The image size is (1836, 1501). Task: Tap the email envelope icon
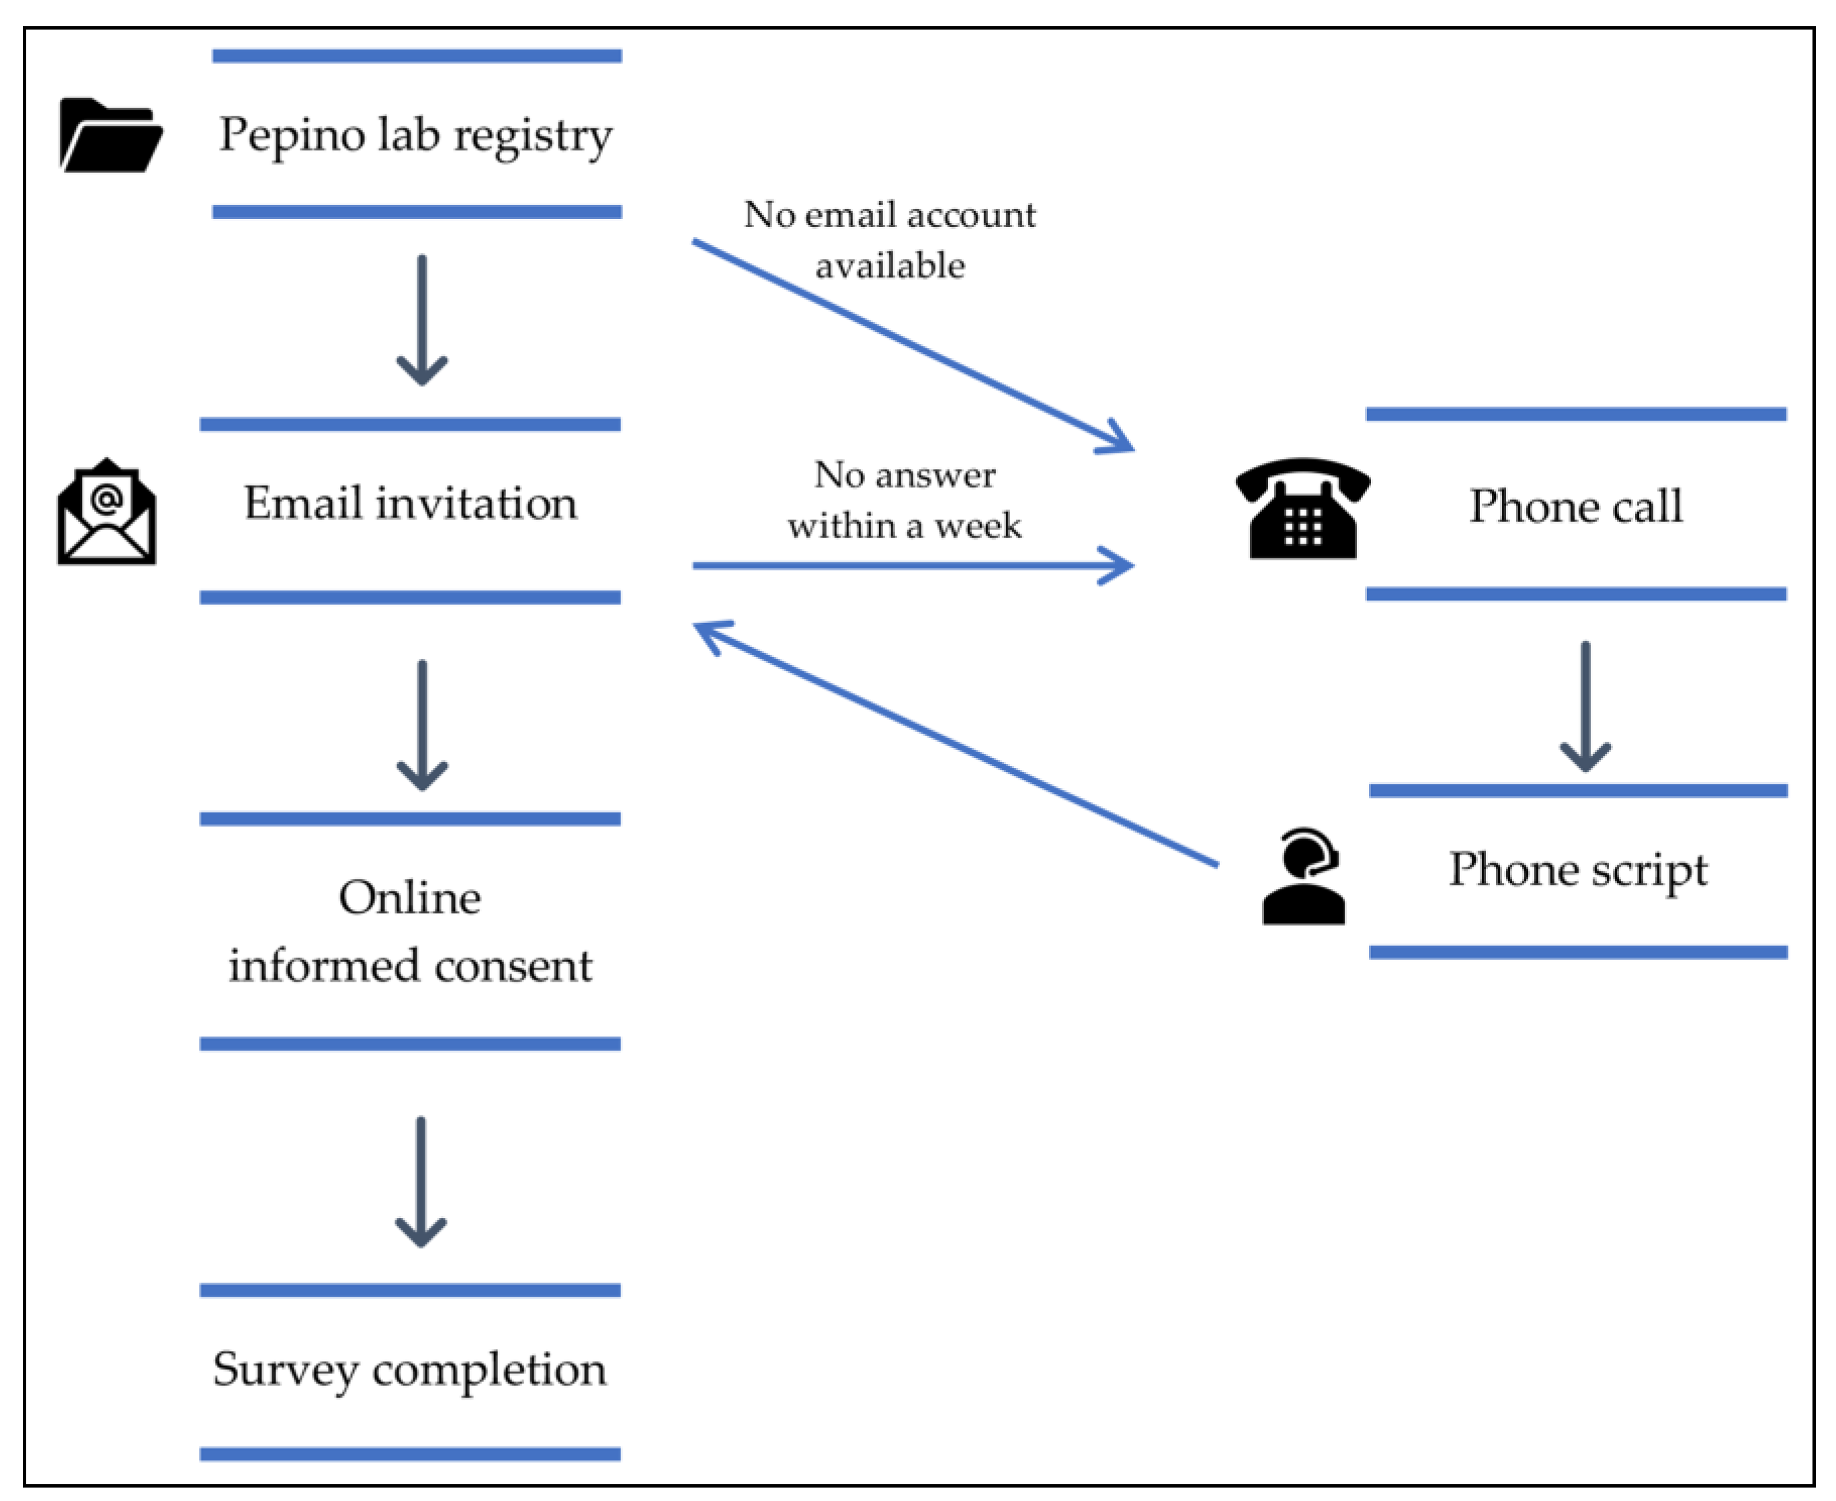click(106, 511)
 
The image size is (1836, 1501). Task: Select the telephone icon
click(1302, 509)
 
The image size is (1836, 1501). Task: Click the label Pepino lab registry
click(416, 136)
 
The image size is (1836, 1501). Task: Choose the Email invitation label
click(411, 503)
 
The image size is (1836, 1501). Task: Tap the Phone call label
click(1576, 506)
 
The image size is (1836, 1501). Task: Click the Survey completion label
click(410, 1371)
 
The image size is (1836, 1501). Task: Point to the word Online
click(410, 898)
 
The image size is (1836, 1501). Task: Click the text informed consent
click(411, 965)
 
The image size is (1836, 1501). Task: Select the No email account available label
click(890, 239)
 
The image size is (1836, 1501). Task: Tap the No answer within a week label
click(905, 500)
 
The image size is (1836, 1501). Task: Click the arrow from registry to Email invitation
click(422, 320)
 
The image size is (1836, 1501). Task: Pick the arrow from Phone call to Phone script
click(1585, 706)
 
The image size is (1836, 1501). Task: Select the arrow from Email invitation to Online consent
click(422, 726)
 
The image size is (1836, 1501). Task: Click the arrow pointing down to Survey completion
click(421, 1182)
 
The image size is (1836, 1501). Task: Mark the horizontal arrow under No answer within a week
click(913, 566)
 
